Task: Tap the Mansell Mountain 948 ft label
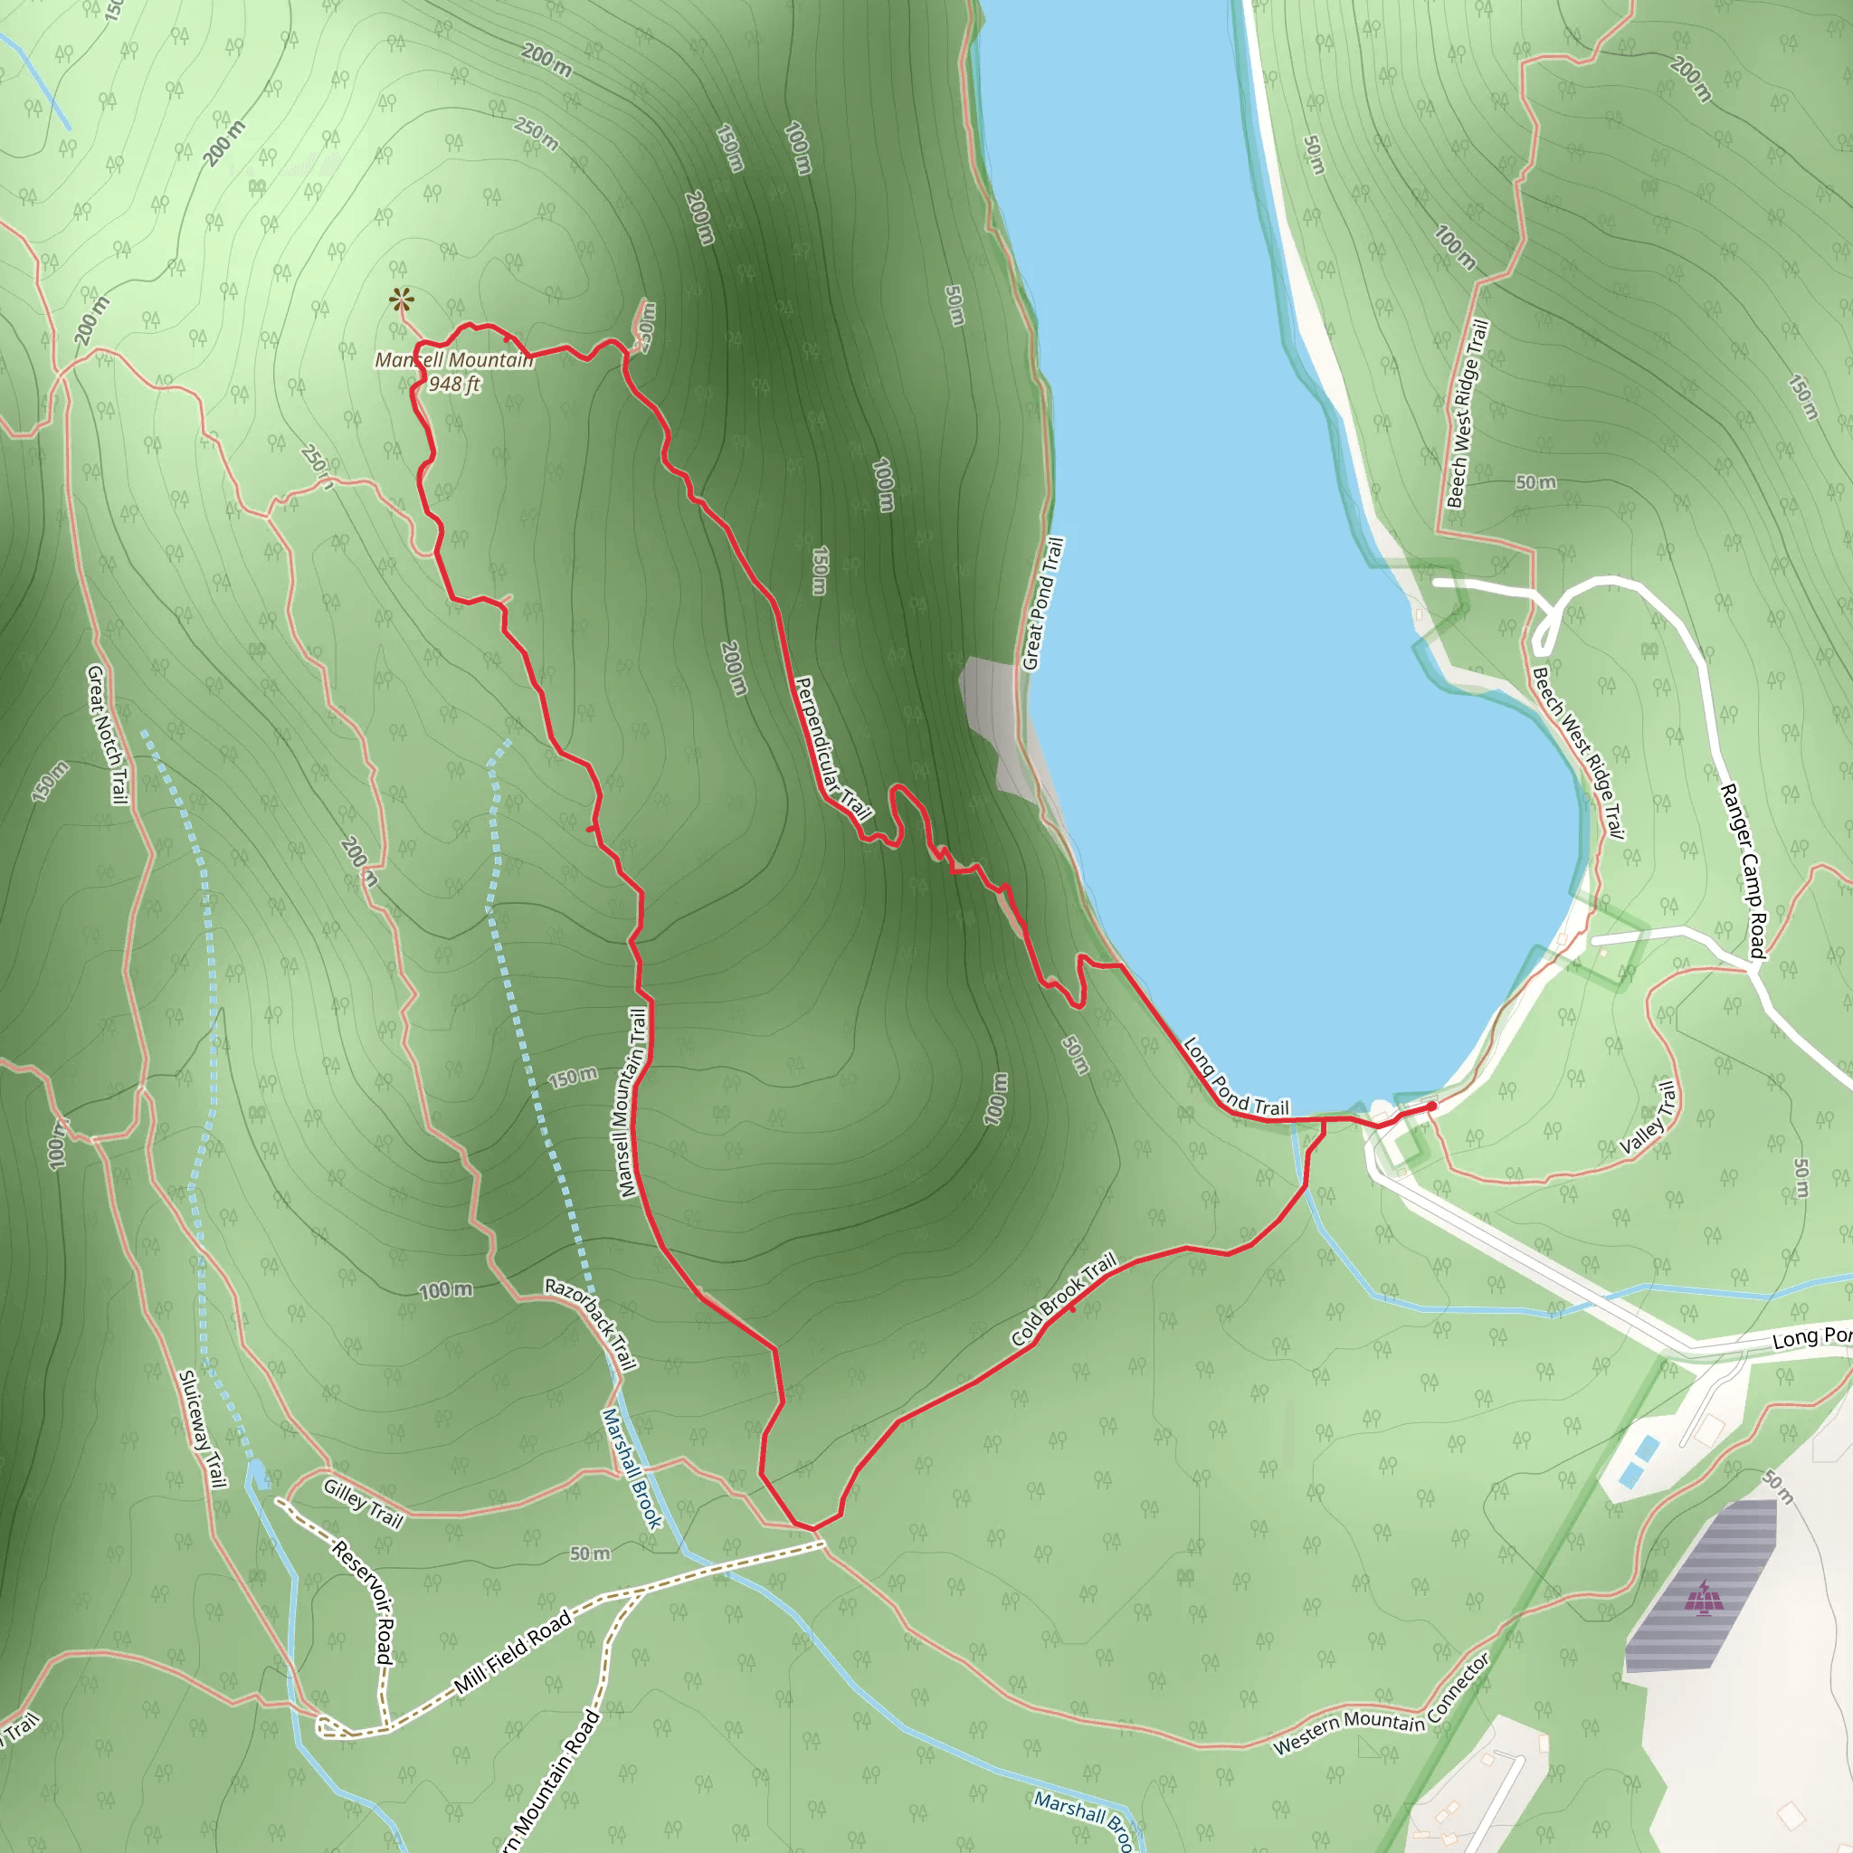point(453,371)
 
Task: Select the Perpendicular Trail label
point(832,749)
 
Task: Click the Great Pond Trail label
point(1042,603)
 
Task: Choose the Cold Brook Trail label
point(1064,1298)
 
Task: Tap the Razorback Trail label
point(591,1324)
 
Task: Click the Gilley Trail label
point(363,1503)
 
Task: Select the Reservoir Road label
point(364,1601)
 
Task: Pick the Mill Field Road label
point(513,1649)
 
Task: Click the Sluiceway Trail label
point(203,1429)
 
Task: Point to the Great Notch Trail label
point(107,735)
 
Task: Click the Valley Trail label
point(1648,1117)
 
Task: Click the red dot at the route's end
point(1432,1106)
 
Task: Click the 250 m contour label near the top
point(537,133)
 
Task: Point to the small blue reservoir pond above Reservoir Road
point(257,1475)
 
